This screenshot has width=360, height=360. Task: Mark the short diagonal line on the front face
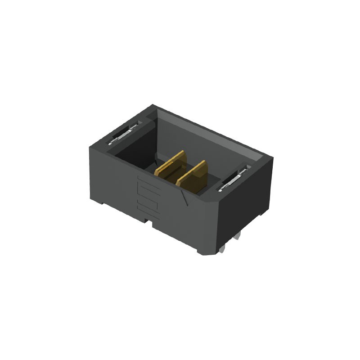[183, 198]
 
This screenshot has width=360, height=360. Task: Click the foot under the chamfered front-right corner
[205, 252]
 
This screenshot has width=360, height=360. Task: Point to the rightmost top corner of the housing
[273, 157]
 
